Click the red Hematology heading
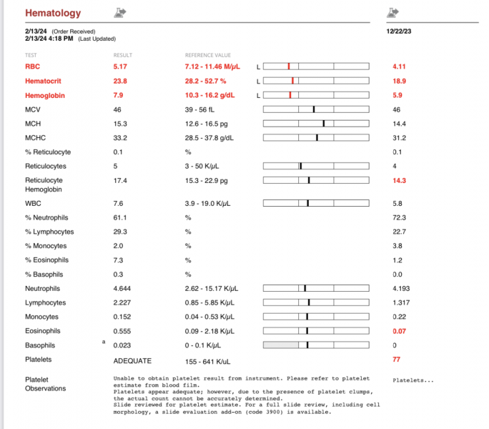click(x=53, y=13)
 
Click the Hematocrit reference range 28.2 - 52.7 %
click(x=205, y=81)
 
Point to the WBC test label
click(x=33, y=203)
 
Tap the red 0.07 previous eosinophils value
click(x=400, y=331)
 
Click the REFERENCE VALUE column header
click(x=208, y=55)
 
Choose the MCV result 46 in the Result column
click(x=117, y=109)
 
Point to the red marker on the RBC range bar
click(x=289, y=66)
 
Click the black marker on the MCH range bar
click(x=324, y=124)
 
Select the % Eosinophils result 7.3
click(x=119, y=260)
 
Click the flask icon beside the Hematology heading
click(x=120, y=13)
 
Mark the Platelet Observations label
click(x=45, y=384)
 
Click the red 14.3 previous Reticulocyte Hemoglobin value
click(x=400, y=181)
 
